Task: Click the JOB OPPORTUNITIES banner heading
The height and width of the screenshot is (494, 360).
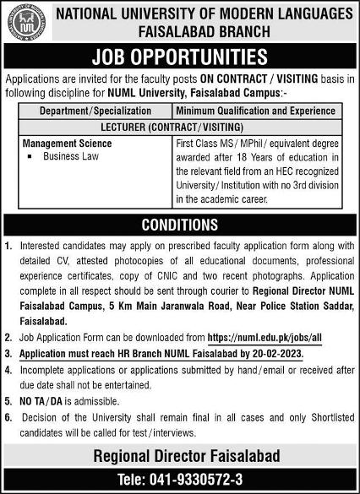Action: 180,57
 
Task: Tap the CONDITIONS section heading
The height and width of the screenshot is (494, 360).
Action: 180,225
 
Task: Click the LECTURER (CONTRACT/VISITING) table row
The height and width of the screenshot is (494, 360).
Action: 180,127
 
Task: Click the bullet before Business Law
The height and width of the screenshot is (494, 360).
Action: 30,157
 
